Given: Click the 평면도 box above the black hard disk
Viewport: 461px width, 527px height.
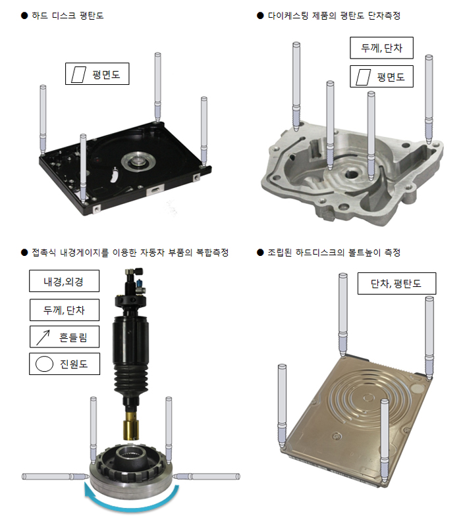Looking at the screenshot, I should [97, 73].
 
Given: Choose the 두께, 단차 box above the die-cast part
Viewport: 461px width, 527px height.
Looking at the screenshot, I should [381, 49].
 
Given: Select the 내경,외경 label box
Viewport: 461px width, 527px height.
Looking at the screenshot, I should [65, 282].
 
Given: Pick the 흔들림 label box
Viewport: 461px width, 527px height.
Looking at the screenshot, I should [65, 338].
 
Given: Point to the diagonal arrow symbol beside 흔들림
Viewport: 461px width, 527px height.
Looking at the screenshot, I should [43, 338].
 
